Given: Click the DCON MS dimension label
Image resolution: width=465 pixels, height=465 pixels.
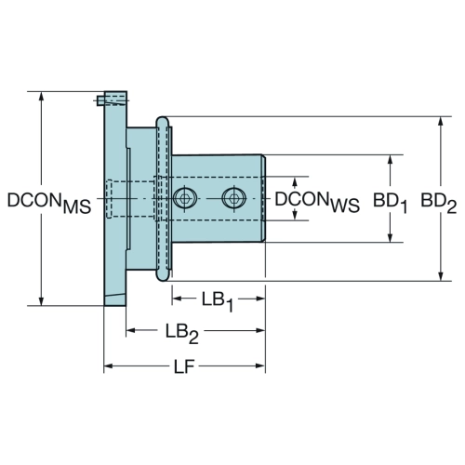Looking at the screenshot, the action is [49, 203].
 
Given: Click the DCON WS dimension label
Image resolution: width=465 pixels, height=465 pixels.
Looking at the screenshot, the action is [317, 202].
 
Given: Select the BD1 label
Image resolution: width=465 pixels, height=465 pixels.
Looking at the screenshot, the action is [390, 203].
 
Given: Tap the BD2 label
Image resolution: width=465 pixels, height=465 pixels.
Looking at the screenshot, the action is [438, 203].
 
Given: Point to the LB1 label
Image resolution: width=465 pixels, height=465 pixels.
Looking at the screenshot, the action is [218, 301].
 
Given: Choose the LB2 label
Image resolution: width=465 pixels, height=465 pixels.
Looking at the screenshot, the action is [181, 333].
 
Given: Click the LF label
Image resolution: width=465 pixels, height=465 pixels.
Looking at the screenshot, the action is [184, 367].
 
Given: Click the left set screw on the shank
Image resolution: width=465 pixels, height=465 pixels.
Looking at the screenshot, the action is [185, 198].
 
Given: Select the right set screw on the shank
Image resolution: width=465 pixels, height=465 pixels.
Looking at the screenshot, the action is [234, 198].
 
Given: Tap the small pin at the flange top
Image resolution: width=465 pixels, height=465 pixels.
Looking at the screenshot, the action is [100, 100].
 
